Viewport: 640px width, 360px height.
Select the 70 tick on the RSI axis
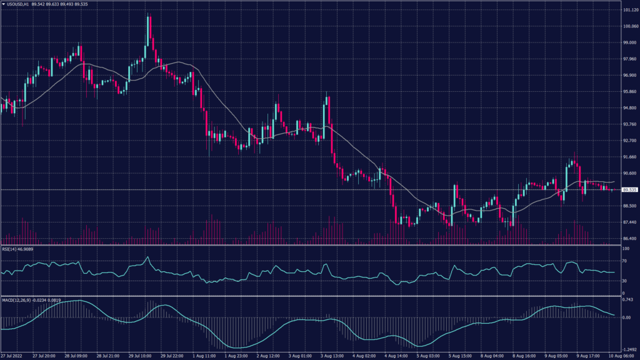624,261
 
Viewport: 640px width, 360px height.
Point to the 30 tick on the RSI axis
624,281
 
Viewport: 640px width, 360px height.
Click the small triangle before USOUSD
3,5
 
